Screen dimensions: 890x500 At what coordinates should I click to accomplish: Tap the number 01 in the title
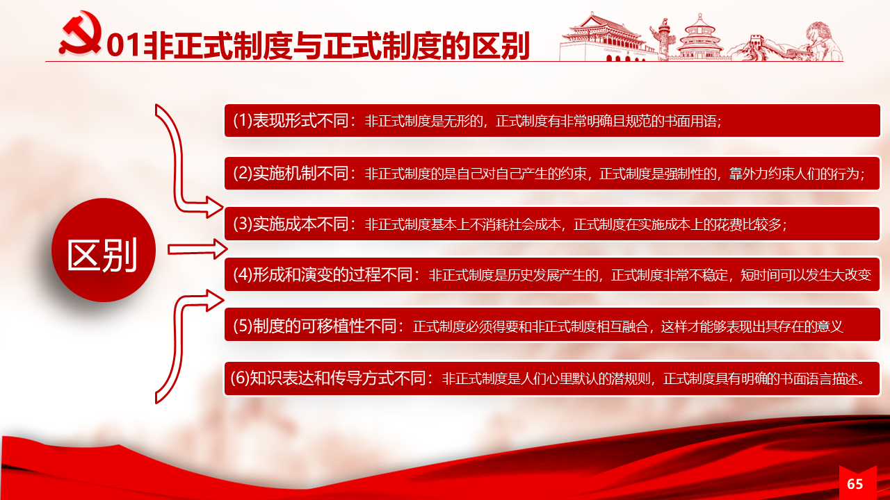[x=124, y=45]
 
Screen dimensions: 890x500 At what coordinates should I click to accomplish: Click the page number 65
[x=855, y=484]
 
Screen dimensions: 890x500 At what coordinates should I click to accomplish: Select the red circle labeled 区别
[x=104, y=250]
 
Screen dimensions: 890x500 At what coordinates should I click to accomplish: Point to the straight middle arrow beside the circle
[x=197, y=249]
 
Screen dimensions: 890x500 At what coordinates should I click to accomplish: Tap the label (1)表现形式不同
[x=291, y=120]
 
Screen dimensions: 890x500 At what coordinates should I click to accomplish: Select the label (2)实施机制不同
[x=291, y=174]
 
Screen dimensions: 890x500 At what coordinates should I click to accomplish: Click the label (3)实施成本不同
[x=291, y=224]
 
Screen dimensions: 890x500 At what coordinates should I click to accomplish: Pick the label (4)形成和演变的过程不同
[x=323, y=274]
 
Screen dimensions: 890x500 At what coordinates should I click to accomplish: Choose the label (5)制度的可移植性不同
[x=315, y=326]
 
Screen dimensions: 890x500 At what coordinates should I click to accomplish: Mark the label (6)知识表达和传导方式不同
[x=329, y=378]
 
